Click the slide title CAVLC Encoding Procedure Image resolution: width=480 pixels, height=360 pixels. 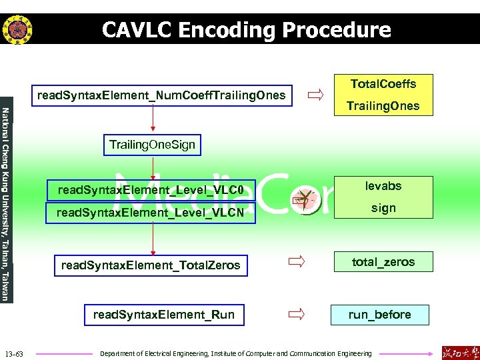246,30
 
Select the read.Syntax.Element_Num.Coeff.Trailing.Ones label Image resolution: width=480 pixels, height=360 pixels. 161,96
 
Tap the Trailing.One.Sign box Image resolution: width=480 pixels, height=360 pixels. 153,145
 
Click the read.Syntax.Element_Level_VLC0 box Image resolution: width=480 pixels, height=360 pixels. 151,191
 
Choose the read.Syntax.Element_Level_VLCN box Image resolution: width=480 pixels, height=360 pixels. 151,214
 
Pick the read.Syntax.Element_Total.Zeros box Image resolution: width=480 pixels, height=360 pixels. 151,265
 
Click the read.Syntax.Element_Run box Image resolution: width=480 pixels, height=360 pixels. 164,315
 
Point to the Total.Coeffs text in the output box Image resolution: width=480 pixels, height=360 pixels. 383,84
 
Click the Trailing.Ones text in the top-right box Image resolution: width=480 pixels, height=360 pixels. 383,106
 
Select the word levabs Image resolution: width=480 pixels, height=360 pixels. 383,186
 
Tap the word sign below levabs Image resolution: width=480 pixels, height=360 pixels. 383,208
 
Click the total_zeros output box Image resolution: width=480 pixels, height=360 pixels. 383,262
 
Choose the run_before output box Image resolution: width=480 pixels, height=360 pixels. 379,315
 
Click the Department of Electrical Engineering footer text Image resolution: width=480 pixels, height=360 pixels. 235,353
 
